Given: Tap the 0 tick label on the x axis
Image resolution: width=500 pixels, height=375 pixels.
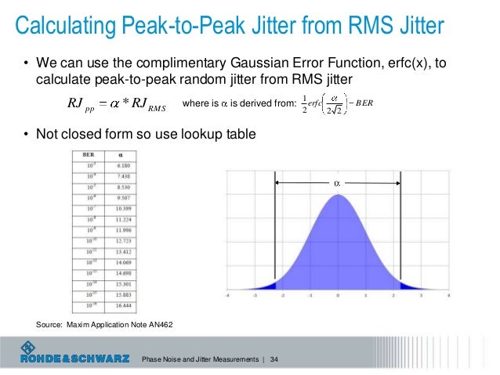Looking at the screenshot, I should [338, 297].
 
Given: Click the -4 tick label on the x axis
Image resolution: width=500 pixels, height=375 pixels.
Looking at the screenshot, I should [227, 297].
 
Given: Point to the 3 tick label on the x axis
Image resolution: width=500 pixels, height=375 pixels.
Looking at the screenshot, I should [421, 297].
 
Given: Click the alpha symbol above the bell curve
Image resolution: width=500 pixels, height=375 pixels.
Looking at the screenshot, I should [338, 182].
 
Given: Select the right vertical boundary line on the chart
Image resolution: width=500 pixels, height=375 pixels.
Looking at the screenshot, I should [401, 235].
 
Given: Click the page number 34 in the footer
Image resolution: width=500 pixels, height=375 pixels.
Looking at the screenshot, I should [274, 359].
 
